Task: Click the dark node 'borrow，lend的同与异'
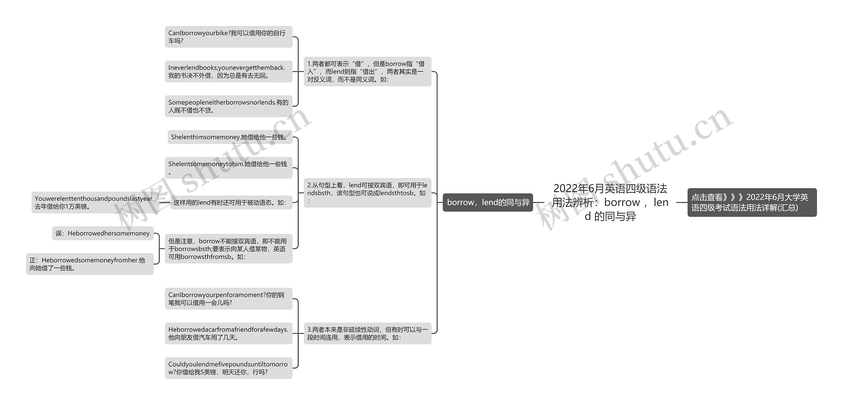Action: coord(488,202)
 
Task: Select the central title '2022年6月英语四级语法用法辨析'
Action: coord(610,202)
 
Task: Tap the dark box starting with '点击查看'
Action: coord(752,202)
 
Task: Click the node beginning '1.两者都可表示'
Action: coord(367,71)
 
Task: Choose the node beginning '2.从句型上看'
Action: coord(367,193)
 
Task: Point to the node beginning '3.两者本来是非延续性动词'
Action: coord(367,333)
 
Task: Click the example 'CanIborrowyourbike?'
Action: coord(229,37)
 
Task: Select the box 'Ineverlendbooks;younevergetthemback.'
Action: coord(229,71)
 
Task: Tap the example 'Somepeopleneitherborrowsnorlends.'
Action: coord(229,106)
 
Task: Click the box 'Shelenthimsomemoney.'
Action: coord(230,137)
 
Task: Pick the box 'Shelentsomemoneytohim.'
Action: coord(229,168)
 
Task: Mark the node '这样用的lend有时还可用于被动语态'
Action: coord(231,203)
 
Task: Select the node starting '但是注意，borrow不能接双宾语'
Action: coord(229,249)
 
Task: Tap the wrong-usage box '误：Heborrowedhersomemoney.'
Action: coord(103,233)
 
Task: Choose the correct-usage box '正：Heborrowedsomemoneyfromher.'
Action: coord(90,264)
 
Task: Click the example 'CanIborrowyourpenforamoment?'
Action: coord(229,299)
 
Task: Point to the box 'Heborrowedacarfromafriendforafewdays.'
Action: coord(229,333)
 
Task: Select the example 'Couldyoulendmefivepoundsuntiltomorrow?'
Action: coord(229,368)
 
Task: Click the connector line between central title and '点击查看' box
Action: coord(682,202)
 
